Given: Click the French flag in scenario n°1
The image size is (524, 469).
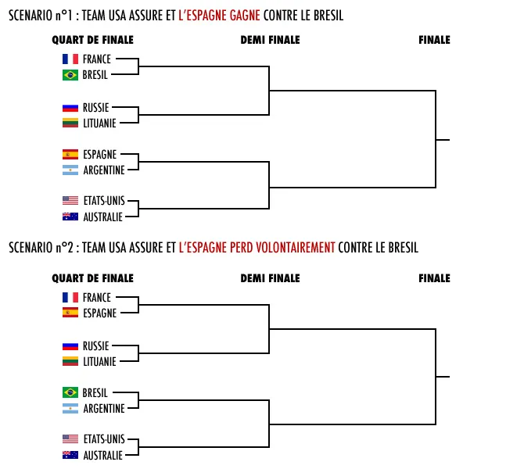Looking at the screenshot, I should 70,59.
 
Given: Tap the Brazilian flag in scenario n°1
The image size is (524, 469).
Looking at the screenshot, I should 70,75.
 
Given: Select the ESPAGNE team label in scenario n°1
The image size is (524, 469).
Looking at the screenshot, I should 99,155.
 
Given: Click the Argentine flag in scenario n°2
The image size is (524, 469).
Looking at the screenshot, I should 70,408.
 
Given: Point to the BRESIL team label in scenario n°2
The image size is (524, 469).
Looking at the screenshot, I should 95,392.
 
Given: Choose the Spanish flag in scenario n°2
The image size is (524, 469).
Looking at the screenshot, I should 70,313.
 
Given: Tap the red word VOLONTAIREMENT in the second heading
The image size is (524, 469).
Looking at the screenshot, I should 294,248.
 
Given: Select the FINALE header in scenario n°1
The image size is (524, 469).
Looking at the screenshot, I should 434,40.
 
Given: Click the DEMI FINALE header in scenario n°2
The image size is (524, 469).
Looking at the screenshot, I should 270,278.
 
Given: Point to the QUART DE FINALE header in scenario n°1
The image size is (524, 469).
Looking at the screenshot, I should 92,40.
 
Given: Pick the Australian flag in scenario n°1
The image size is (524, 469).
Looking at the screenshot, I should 70,217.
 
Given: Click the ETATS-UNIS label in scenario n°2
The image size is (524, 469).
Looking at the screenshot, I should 103,440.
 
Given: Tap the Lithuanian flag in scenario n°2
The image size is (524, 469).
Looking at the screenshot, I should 70,361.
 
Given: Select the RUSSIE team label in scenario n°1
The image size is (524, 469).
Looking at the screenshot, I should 95,108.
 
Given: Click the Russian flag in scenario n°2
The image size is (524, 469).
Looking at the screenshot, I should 70,345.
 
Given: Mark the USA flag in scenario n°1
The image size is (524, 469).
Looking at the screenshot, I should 70,201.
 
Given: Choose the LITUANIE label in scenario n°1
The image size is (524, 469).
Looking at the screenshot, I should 99,124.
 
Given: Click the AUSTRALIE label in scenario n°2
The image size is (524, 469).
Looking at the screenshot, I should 102,456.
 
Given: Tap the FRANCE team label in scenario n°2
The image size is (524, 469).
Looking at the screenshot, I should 96,297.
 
